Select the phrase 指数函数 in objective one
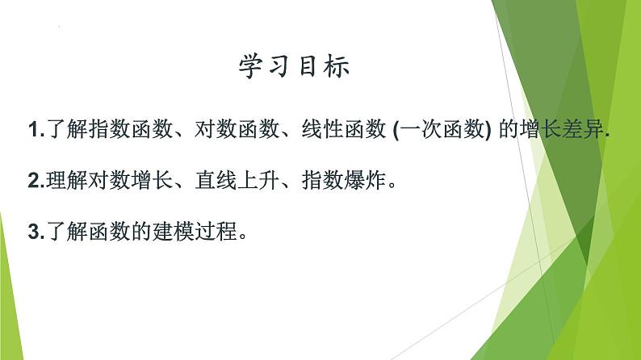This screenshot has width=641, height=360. (119, 132)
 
